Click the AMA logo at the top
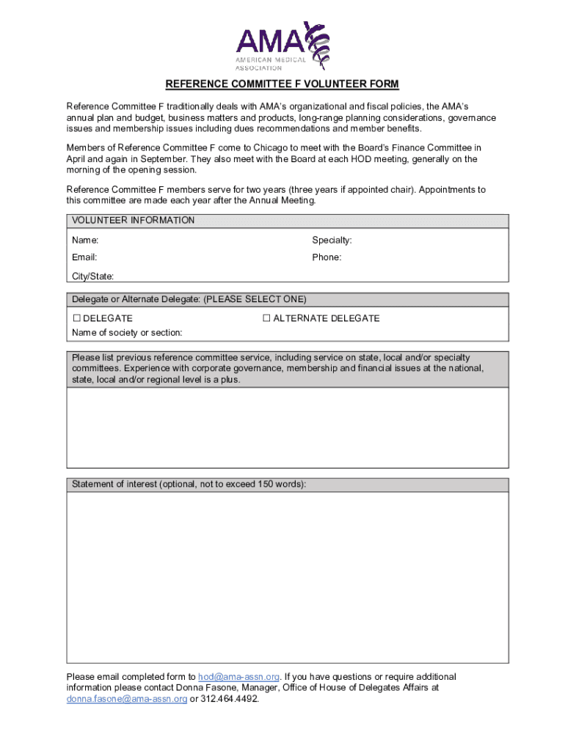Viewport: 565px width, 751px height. (x=282, y=45)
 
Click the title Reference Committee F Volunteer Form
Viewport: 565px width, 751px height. (x=282, y=84)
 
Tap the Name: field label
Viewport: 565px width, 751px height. (x=85, y=241)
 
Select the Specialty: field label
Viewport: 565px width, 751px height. (x=332, y=241)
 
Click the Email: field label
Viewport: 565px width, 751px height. (x=84, y=257)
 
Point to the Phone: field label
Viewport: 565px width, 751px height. (x=327, y=257)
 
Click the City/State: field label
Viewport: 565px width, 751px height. (x=92, y=276)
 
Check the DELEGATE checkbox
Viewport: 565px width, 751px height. (x=76, y=318)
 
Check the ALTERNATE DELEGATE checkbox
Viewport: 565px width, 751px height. (x=267, y=318)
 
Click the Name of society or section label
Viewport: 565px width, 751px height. (x=127, y=333)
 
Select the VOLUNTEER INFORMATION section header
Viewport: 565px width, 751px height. (x=133, y=221)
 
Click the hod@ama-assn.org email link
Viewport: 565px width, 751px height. (x=238, y=677)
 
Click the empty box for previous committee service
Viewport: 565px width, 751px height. (x=287, y=428)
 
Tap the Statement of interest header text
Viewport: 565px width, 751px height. (x=189, y=485)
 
